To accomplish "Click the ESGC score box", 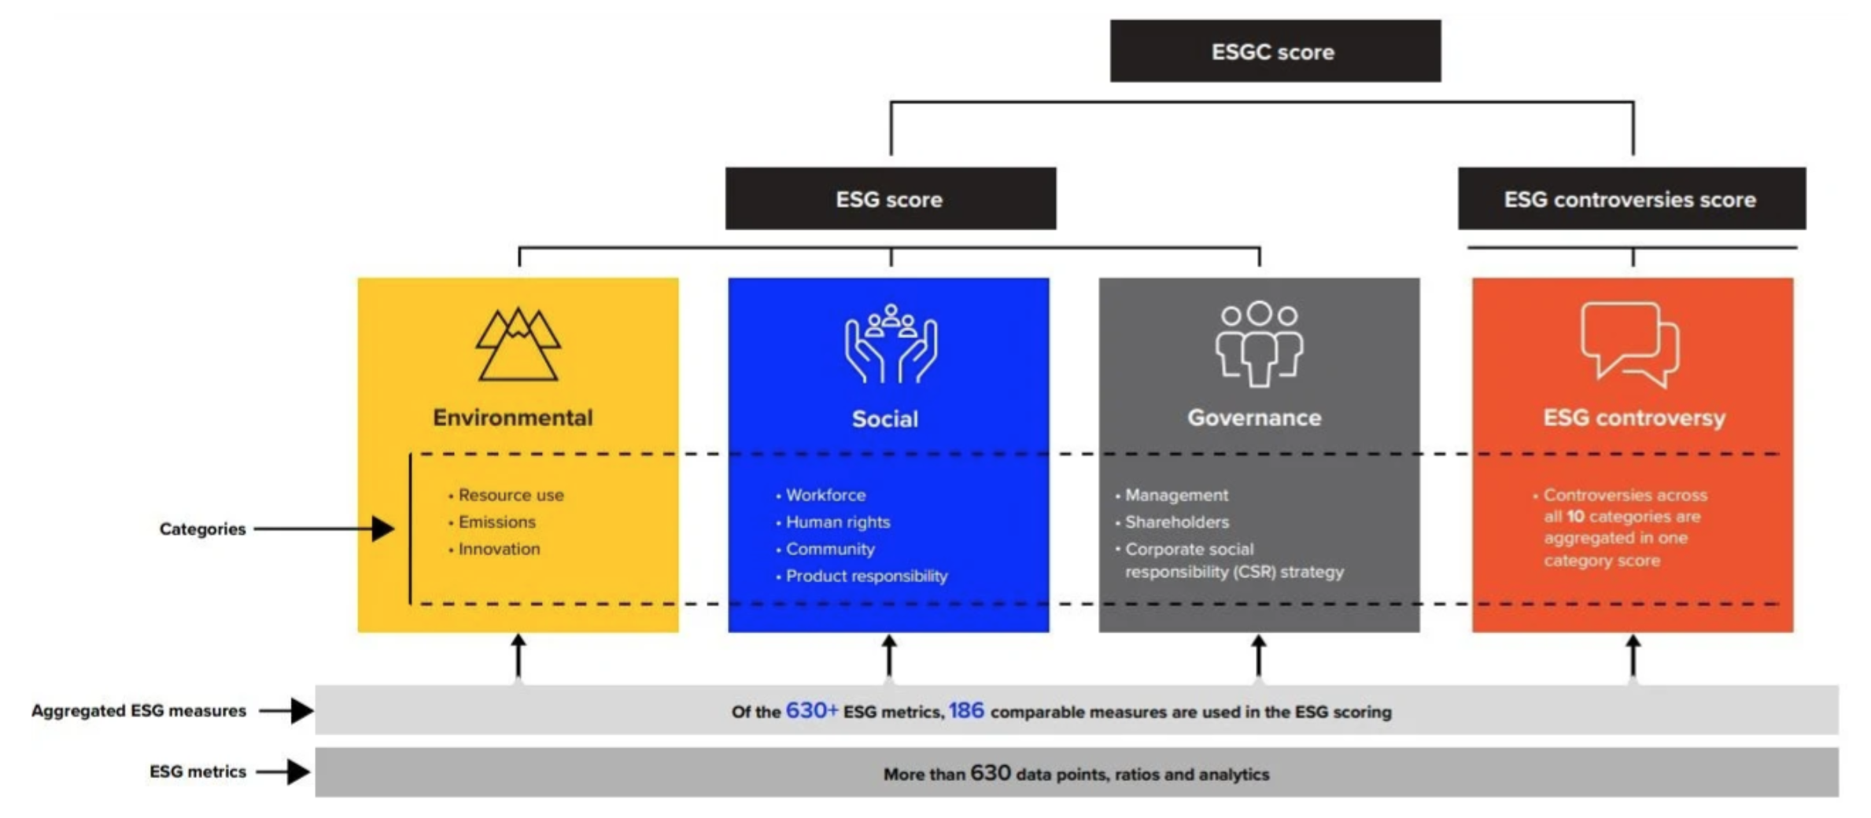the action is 1275,51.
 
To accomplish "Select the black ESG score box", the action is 891,198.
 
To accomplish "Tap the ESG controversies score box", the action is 1632,198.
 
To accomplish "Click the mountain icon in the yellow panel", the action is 518,345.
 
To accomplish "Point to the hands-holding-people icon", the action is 891,345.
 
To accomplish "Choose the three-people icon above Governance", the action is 1259,344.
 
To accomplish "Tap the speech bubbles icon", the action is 1630,345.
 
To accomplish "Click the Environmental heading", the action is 513,418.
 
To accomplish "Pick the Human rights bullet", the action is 833,522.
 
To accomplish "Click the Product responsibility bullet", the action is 862,577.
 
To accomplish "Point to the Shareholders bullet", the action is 1172,522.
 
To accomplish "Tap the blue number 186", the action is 966,711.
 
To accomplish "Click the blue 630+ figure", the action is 812,711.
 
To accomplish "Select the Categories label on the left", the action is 202,529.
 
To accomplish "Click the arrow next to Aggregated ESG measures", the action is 286,711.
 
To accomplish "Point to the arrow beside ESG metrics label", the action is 284,772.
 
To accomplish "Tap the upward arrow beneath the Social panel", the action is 889,656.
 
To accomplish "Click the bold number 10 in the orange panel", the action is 1575,517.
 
